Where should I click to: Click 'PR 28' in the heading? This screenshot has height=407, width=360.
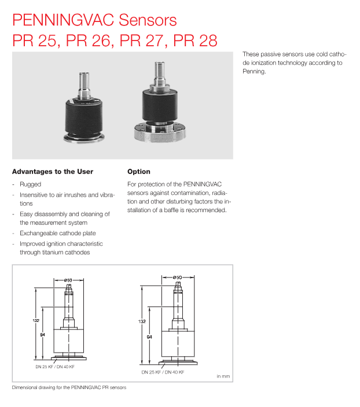(x=197, y=40)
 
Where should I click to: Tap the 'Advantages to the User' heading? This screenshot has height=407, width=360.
(x=52, y=172)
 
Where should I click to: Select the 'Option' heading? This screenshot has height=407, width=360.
(x=138, y=172)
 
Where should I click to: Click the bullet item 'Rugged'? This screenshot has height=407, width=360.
(x=30, y=184)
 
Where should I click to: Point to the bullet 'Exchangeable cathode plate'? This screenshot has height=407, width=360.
(x=58, y=234)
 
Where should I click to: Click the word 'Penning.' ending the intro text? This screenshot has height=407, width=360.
(x=254, y=72)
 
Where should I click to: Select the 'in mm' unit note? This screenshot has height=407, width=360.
(x=223, y=376)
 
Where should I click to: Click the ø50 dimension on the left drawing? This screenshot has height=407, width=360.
(x=68, y=280)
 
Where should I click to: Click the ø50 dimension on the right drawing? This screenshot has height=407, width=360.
(x=178, y=278)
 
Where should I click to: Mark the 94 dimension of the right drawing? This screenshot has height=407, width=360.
(x=149, y=336)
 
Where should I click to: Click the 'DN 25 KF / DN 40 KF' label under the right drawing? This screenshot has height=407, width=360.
(x=163, y=373)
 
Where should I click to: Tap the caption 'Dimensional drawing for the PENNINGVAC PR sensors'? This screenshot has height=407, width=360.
(x=69, y=387)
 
